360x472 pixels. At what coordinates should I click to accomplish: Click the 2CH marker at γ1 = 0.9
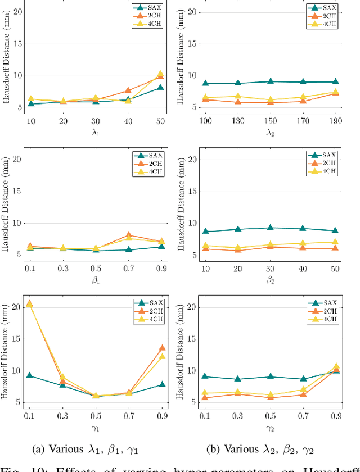tap(163, 348)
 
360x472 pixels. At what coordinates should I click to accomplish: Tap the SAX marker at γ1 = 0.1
tap(29, 375)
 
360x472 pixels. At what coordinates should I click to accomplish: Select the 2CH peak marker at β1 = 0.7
tap(129, 235)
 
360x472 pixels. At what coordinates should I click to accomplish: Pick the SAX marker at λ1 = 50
tap(161, 88)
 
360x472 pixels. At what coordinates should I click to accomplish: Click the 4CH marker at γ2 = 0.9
tap(336, 366)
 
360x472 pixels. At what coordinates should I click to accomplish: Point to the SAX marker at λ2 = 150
tap(271, 81)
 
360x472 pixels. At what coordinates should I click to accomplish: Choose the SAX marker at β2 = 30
tap(271, 228)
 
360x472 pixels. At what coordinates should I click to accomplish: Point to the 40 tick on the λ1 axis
tap(128, 121)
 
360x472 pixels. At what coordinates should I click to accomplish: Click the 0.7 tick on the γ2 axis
tap(303, 416)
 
